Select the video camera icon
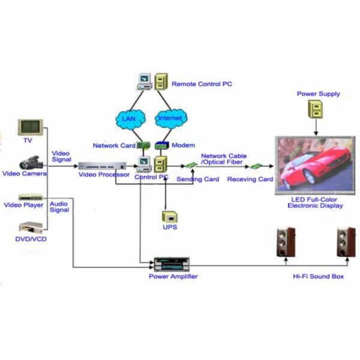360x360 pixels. click(30, 162)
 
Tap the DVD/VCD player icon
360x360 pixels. click(31, 229)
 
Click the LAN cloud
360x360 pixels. click(128, 118)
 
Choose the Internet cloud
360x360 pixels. click(170, 118)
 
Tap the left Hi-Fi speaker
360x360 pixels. click(284, 242)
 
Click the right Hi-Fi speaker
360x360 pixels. click(344, 242)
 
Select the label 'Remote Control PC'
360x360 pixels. click(202, 84)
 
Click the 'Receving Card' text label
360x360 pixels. click(251, 179)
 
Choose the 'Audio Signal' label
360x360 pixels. click(59, 207)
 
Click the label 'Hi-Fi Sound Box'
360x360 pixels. click(318, 277)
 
